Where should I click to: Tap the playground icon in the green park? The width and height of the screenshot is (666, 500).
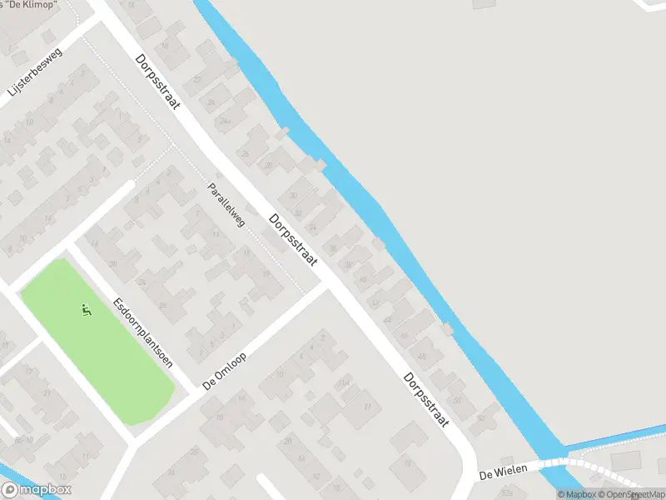coord(86,311)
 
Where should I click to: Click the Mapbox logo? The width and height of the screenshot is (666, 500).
coord(36,490)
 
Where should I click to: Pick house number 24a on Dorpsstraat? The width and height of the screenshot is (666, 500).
coord(223,120)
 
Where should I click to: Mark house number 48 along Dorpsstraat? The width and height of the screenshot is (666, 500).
coord(421,356)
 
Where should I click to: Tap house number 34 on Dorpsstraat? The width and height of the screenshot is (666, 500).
coord(313,227)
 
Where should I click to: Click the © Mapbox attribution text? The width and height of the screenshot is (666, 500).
coord(576,494)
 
